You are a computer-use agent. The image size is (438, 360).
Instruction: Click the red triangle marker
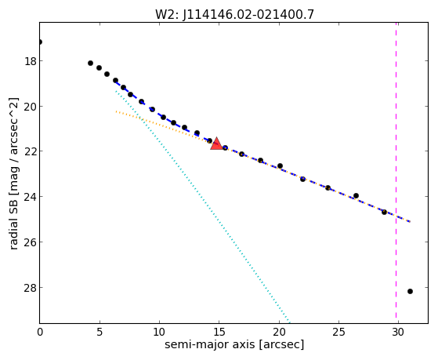click(x=216, y=144)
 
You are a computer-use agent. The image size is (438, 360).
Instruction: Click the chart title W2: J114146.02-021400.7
click(x=234, y=15)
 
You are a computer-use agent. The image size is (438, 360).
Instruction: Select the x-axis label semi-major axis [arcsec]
click(x=234, y=344)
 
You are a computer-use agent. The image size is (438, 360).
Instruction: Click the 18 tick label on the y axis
click(x=30, y=60)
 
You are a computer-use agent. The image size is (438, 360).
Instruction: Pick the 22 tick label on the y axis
click(x=30, y=151)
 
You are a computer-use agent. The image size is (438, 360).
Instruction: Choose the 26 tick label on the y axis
click(x=30, y=242)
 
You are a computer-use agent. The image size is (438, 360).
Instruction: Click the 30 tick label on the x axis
click(x=398, y=332)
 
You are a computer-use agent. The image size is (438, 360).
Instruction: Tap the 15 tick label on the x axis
click(x=219, y=332)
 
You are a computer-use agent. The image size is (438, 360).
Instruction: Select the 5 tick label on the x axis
click(x=100, y=332)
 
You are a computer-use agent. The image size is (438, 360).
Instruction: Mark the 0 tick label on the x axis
click(x=40, y=332)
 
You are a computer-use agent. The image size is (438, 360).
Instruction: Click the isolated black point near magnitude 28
click(x=410, y=292)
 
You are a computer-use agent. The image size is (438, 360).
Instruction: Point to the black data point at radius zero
click(x=40, y=42)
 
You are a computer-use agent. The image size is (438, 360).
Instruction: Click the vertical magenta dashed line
click(x=396, y=173)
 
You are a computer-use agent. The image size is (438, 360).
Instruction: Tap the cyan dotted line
click(x=203, y=207)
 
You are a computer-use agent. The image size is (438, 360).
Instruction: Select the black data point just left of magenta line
click(x=384, y=212)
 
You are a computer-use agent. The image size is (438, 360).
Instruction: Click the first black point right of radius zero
click(x=90, y=64)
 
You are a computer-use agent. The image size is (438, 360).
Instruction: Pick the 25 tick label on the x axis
click(x=338, y=332)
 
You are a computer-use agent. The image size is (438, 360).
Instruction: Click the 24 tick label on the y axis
click(x=30, y=196)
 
